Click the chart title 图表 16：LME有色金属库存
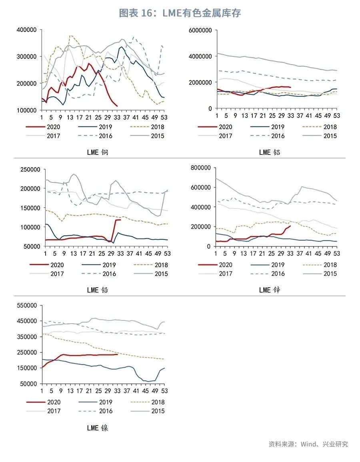[180, 13]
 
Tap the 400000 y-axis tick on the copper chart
[27, 30]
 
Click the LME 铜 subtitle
[98, 152]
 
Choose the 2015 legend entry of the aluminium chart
[330, 136]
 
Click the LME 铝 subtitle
[270, 152]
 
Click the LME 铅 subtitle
[98, 290]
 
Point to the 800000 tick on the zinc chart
[202, 168]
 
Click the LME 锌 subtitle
[270, 290]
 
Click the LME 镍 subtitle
[98, 428]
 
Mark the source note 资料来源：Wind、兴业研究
[308, 444]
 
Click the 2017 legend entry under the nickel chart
[54, 411]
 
